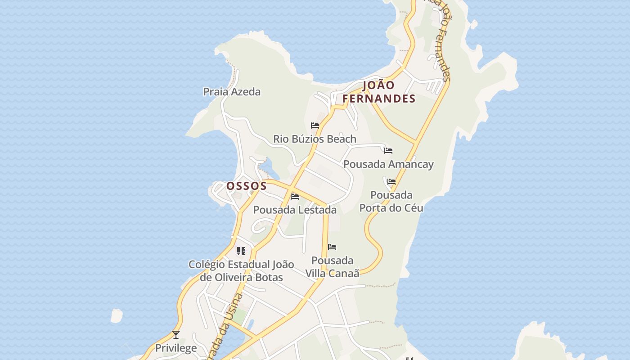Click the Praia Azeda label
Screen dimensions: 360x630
[x=232, y=92]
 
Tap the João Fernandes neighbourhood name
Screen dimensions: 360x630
[x=378, y=92]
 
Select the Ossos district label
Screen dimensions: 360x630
[x=246, y=186]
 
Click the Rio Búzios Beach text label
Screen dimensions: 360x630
[x=315, y=139]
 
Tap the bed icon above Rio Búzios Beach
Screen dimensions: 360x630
[x=315, y=126]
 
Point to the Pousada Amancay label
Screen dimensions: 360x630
[x=388, y=164]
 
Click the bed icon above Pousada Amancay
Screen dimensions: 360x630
[x=388, y=151]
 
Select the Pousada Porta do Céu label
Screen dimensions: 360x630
[x=391, y=202]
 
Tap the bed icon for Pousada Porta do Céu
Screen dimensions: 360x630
[x=391, y=182]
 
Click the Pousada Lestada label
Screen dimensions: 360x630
[x=295, y=210]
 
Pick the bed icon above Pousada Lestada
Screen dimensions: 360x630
[x=295, y=197]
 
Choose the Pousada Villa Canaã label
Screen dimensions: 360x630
[x=333, y=267]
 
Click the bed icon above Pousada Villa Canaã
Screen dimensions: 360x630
[x=332, y=247]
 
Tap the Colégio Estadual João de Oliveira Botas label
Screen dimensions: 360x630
[x=241, y=271]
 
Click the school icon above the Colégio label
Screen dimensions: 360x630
[x=241, y=251]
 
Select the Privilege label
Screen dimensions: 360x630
[x=176, y=348]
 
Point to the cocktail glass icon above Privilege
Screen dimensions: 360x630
[x=176, y=335]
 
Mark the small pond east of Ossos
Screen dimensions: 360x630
[x=267, y=169]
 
